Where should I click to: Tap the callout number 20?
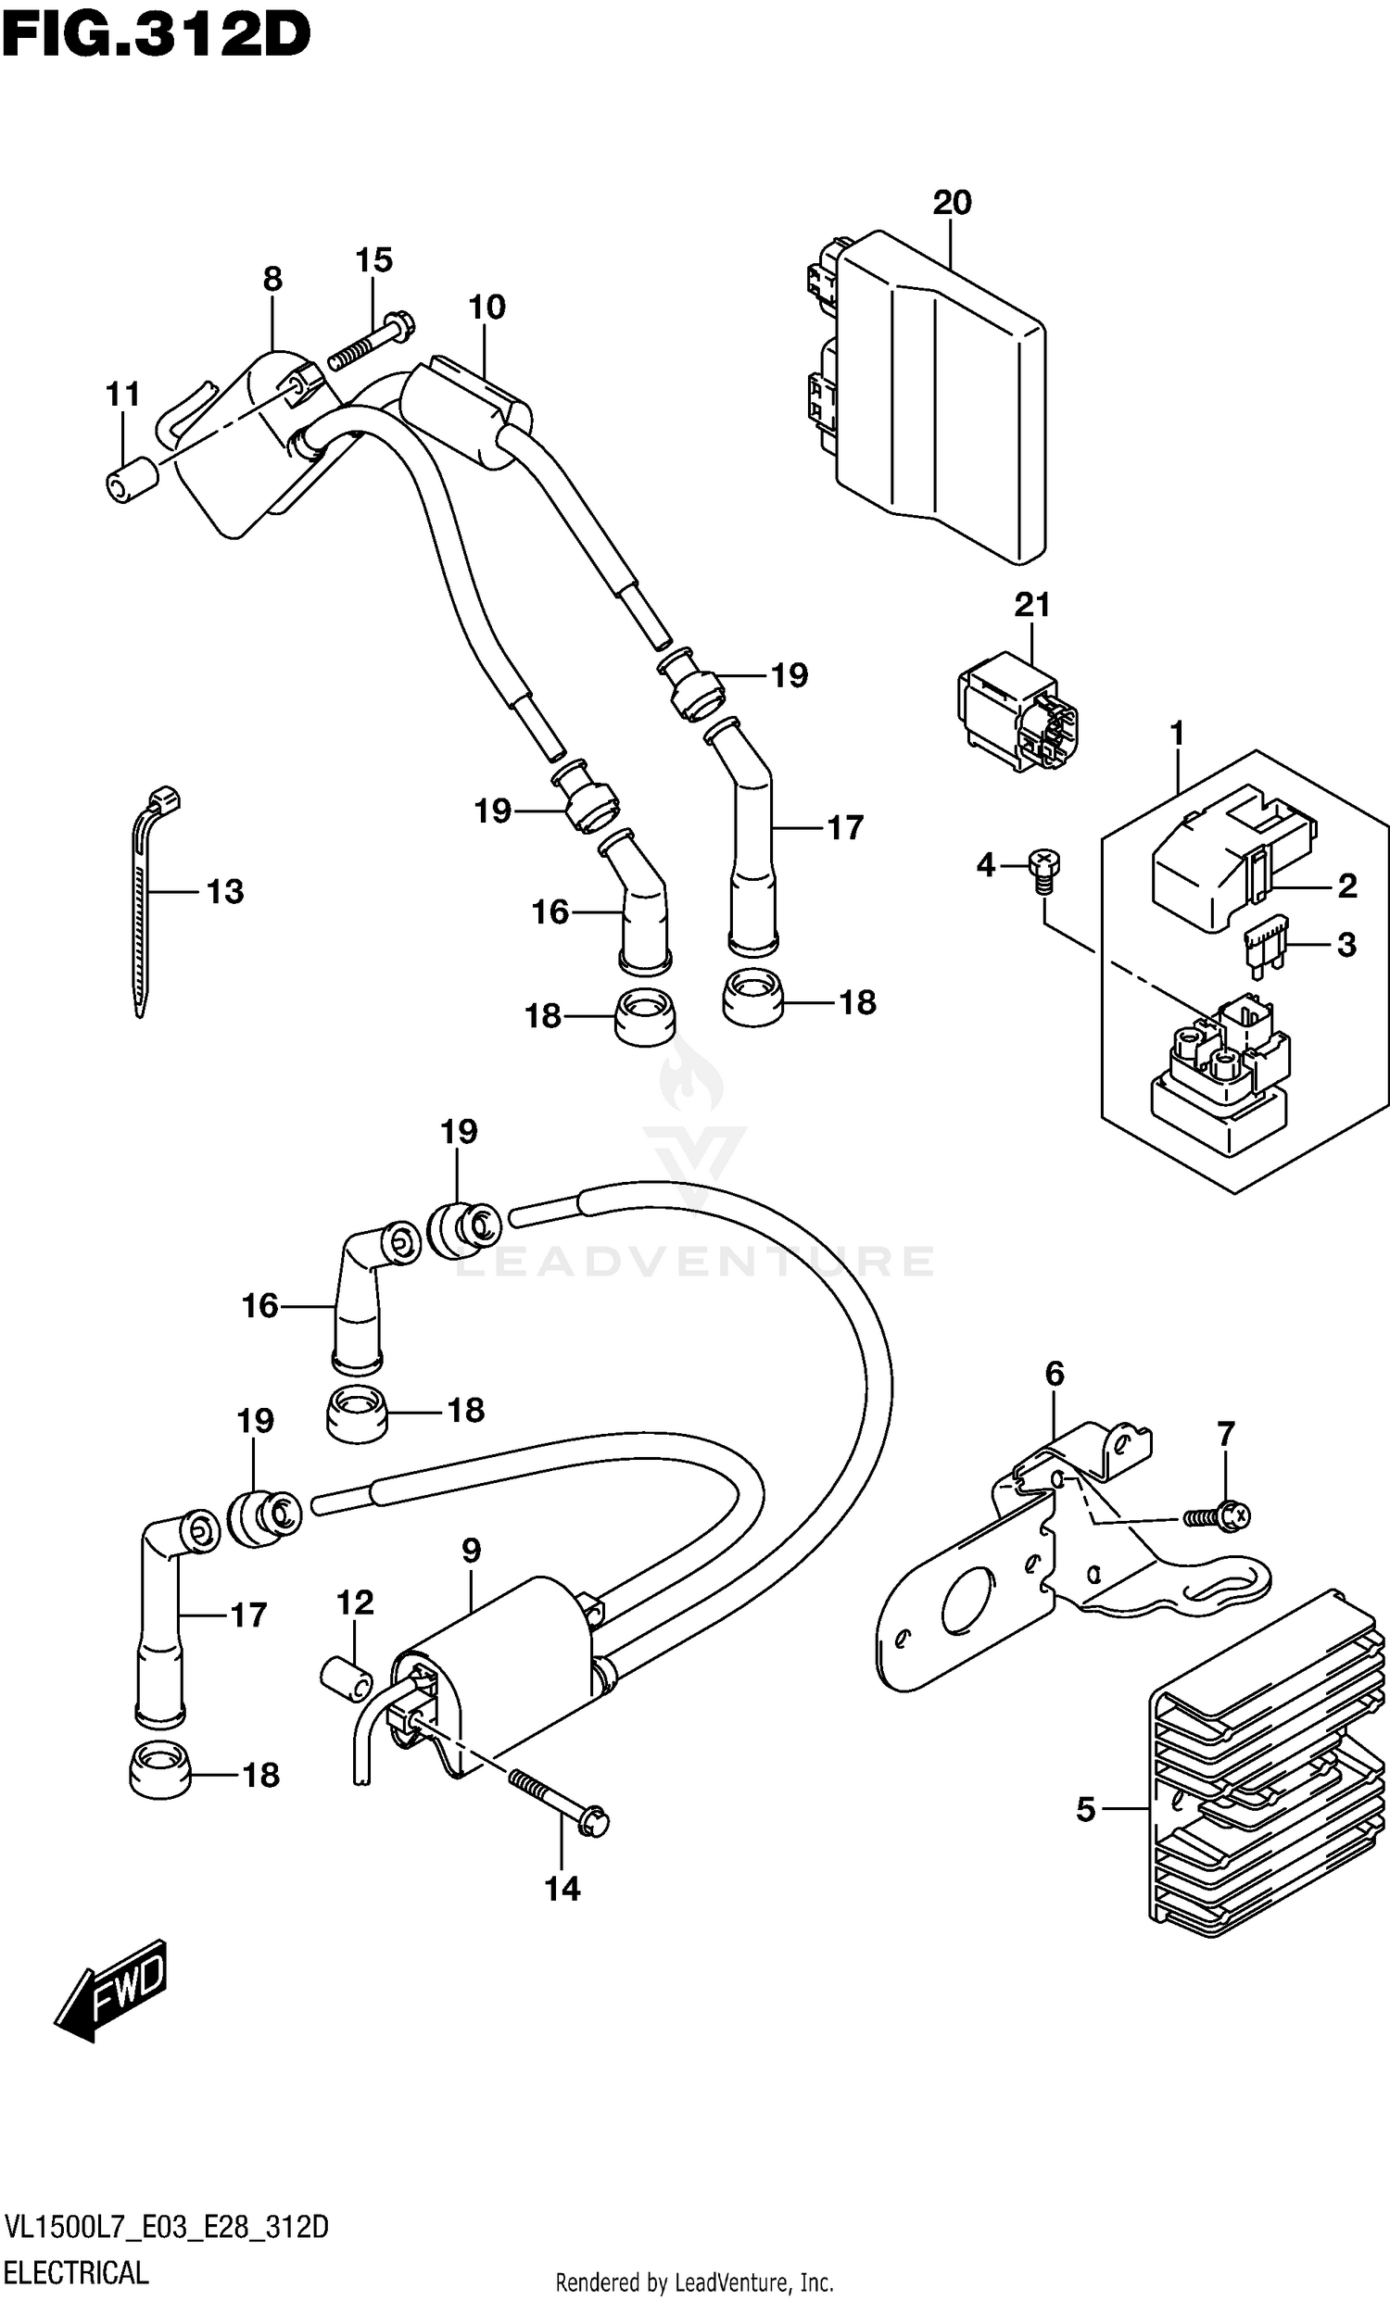tap(952, 202)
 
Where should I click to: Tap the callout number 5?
tap(1085, 1808)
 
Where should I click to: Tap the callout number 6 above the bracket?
tap(1054, 1373)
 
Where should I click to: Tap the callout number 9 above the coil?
tap(471, 1551)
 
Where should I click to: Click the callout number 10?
tap(487, 307)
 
